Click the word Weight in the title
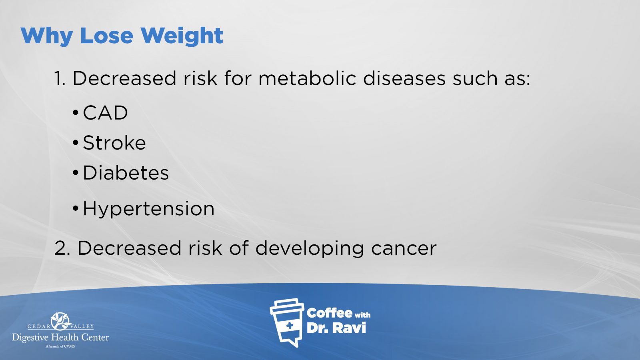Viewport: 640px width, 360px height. click(182, 36)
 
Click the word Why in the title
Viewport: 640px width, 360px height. click(47, 36)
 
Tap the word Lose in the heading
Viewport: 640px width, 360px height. click(107, 36)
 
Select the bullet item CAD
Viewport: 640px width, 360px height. click(105, 112)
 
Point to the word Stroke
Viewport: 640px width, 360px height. click(114, 142)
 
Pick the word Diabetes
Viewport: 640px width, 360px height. click(126, 173)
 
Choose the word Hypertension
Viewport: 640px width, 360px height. click(148, 209)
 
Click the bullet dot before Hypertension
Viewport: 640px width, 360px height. click(76, 208)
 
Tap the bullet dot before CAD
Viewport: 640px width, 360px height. click(76, 112)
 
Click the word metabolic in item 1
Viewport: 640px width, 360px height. click(308, 78)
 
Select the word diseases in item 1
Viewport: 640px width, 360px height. click(404, 78)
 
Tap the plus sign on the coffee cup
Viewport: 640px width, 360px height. click(290, 326)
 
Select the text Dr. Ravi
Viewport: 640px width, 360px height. click(336, 328)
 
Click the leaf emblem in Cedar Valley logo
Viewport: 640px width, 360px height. click(60, 321)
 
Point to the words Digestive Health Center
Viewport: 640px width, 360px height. click(60, 338)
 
